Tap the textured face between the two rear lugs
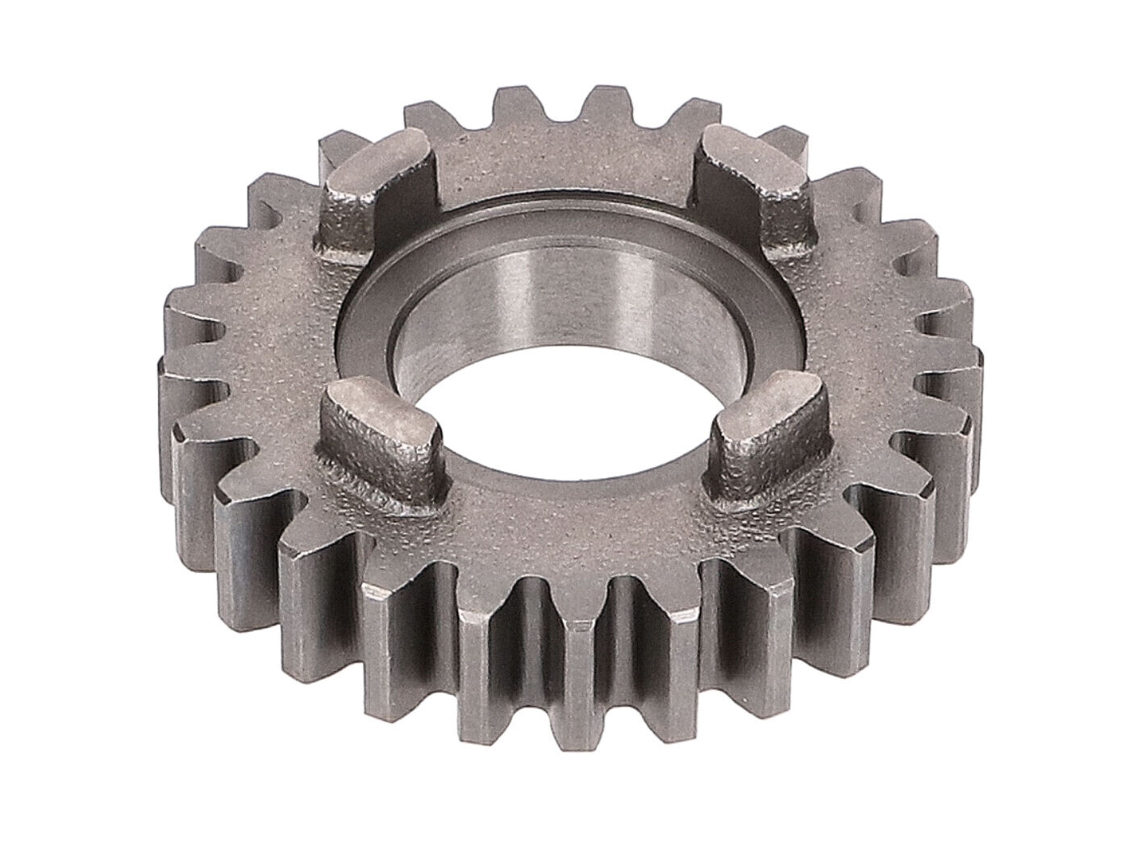564,161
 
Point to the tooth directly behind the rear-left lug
339,149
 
